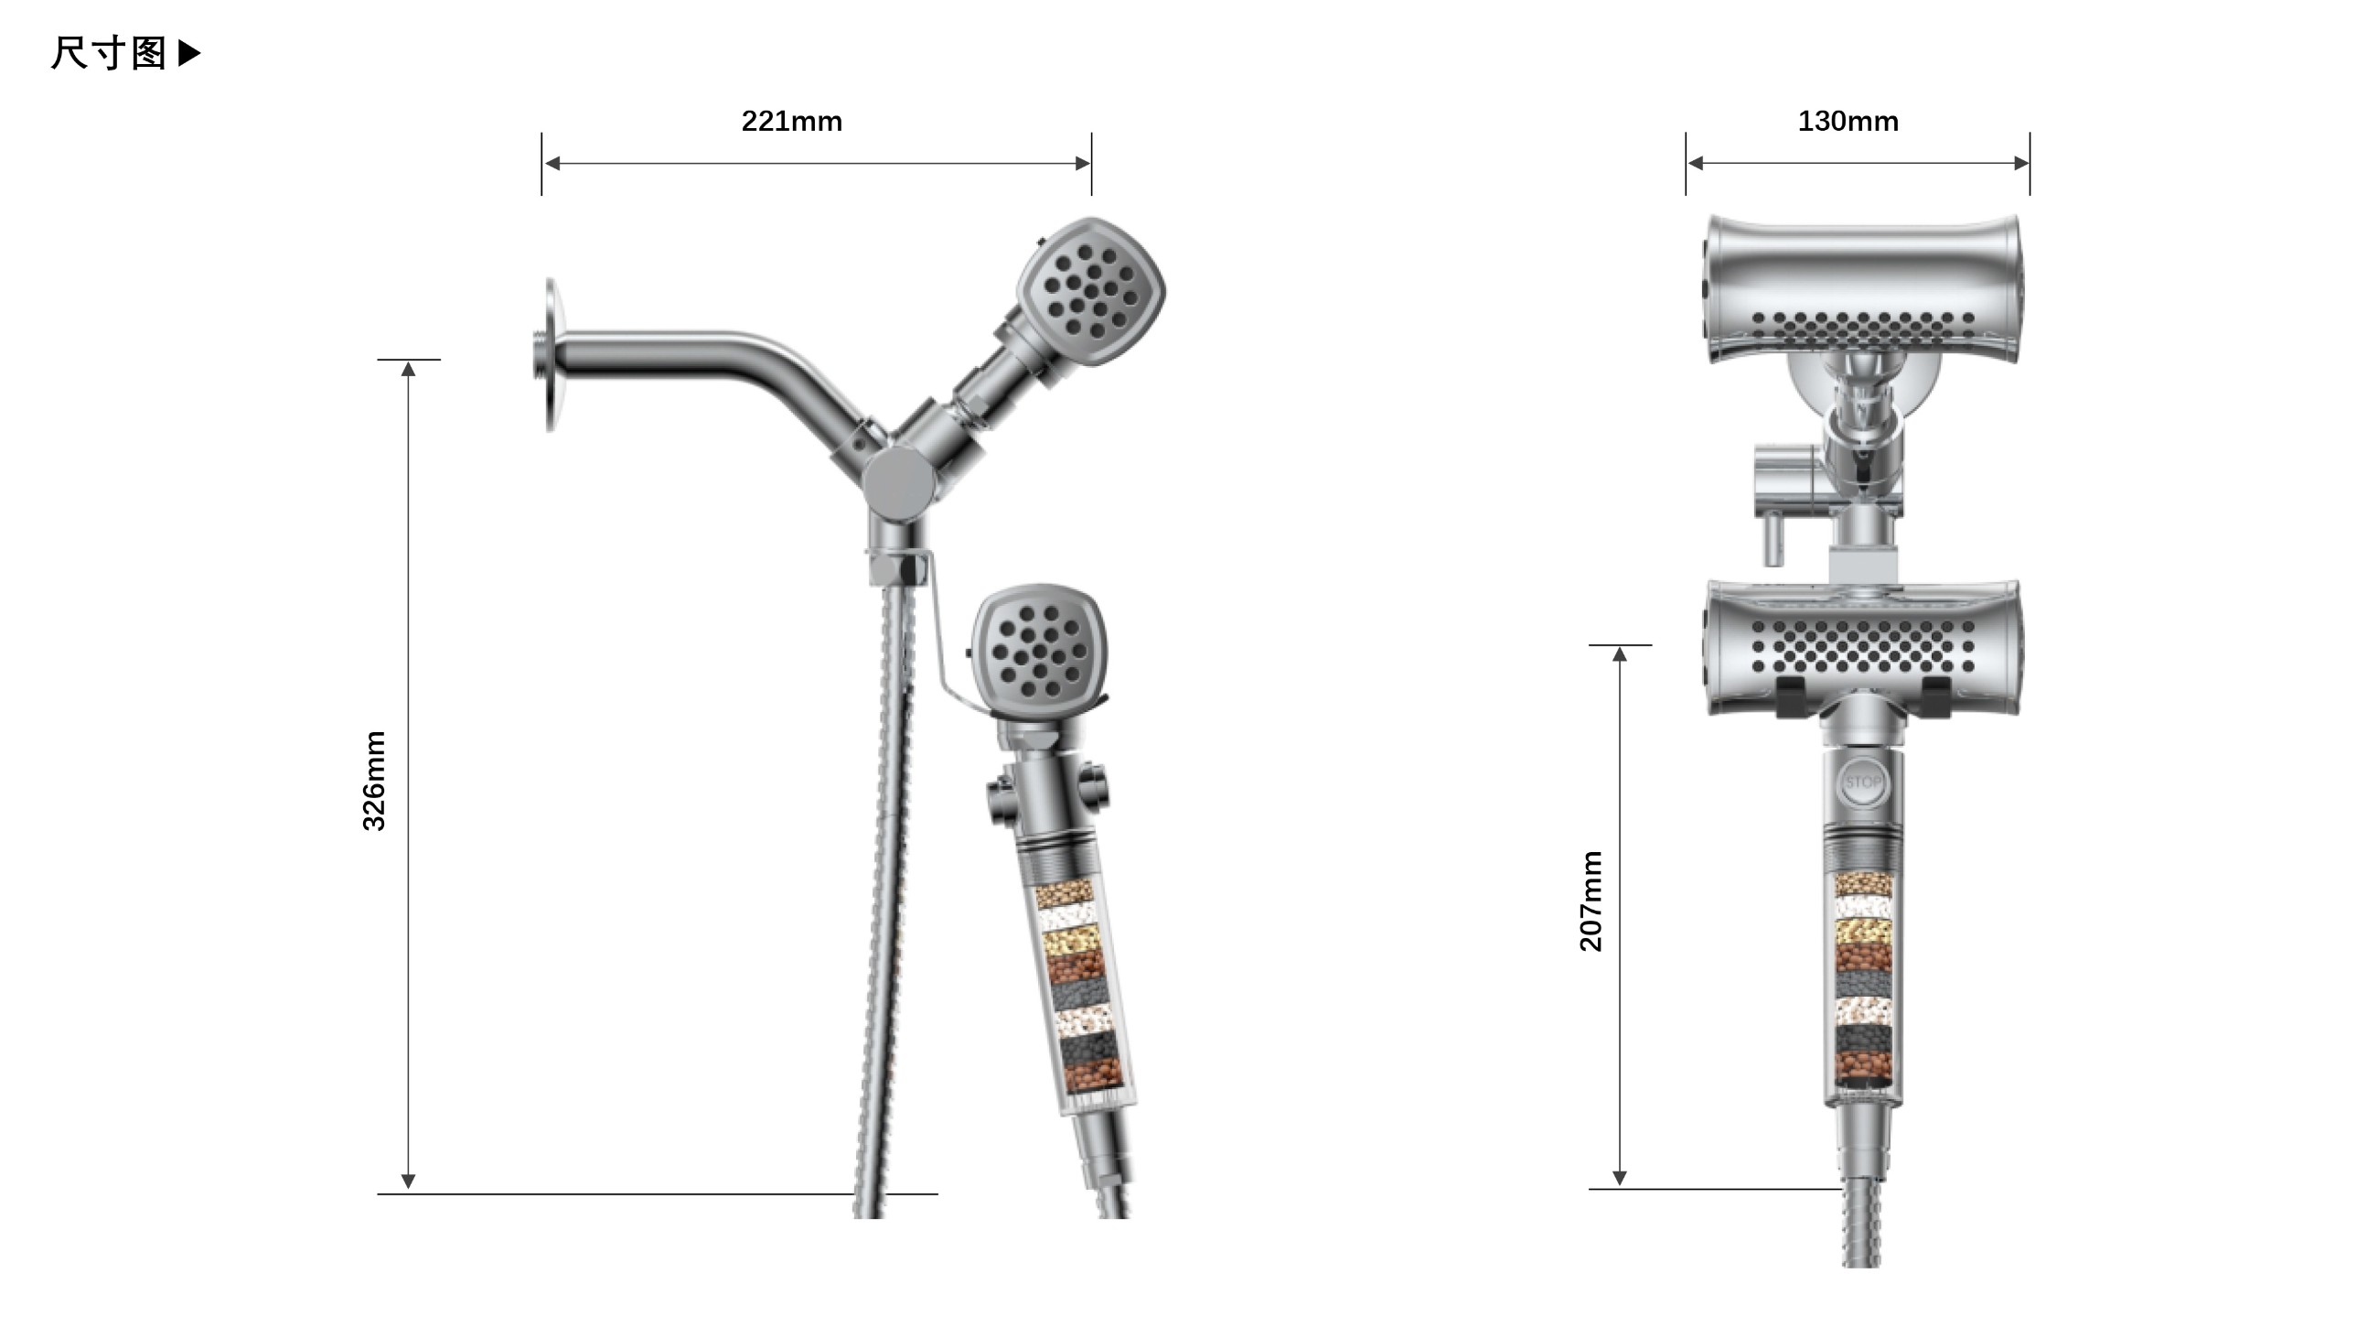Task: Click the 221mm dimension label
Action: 791,121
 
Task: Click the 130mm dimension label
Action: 1848,121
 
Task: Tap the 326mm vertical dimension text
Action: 374,781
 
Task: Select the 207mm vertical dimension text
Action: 1591,901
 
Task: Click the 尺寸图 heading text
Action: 108,54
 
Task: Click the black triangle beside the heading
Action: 189,53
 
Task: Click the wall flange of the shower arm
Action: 551,354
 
